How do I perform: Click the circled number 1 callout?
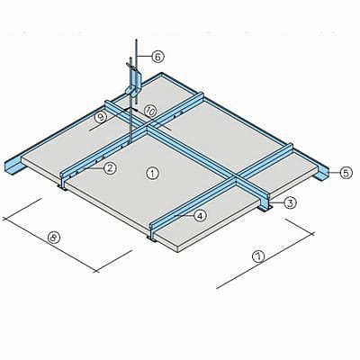coord(152,174)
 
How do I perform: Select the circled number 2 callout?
coord(110,168)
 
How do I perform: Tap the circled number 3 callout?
coord(290,202)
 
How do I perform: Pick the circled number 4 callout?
coord(200,215)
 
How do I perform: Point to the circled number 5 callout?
coord(346,173)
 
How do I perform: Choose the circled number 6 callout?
coord(157,57)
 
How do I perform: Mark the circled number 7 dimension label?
coord(258,256)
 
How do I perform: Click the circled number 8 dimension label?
coord(54,238)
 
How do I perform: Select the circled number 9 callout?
coord(101,117)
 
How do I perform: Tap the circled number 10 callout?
coord(150,112)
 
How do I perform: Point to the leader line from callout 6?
coord(145,56)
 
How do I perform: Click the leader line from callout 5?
coord(335,173)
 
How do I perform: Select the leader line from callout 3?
coord(277,202)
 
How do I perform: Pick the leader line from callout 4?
coord(184,215)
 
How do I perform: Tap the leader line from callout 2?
coord(94,169)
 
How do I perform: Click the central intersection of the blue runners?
coord(148,129)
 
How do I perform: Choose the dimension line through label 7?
coord(265,261)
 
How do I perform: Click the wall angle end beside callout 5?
coord(321,175)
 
